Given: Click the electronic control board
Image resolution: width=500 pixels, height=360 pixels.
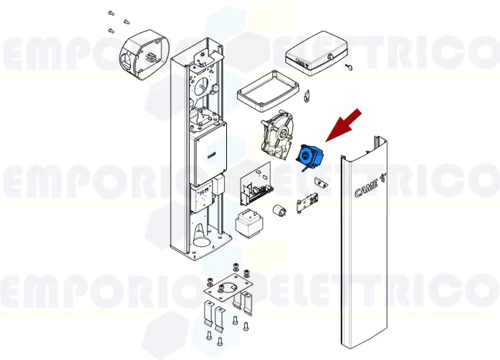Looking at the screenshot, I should pyautogui.click(x=255, y=185).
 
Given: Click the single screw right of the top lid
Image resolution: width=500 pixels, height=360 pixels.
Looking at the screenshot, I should pyautogui.click(x=347, y=67).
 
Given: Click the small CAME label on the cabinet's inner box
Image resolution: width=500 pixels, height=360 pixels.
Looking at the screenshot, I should pyautogui.click(x=212, y=153).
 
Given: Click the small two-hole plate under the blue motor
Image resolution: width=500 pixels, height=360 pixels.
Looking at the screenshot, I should pyautogui.click(x=321, y=185).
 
